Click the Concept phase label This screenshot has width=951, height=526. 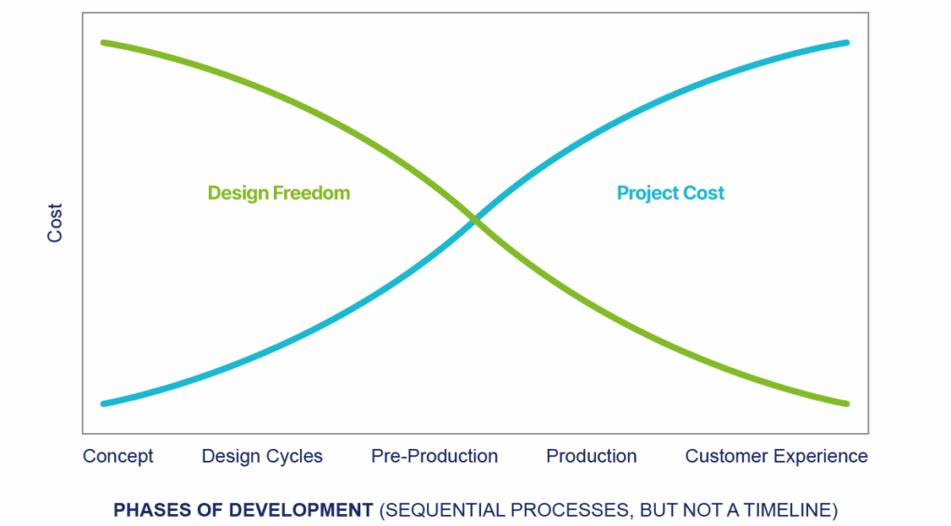[x=118, y=456]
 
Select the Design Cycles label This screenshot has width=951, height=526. [x=262, y=456]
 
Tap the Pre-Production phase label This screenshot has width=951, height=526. [x=435, y=456]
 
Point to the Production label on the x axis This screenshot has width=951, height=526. [x=592, y=456]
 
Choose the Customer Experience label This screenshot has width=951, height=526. [x=776, y=456]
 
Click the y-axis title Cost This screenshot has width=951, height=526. [x=55, y=223]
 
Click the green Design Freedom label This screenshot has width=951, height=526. [x=279, y=193]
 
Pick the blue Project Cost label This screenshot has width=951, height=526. [x=671, y=193]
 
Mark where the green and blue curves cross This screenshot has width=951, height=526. [x=475, y=221]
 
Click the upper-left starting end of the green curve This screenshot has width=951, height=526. [x=104, y=43]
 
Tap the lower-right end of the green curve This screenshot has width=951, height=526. [x=847, y=403]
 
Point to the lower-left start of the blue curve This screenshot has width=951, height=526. [x=104, y=403]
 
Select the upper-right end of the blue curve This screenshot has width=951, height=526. [x=847, y=43]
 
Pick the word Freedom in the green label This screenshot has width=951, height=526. [x=311, y=193]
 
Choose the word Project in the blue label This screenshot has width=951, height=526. [x=647, y=193]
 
